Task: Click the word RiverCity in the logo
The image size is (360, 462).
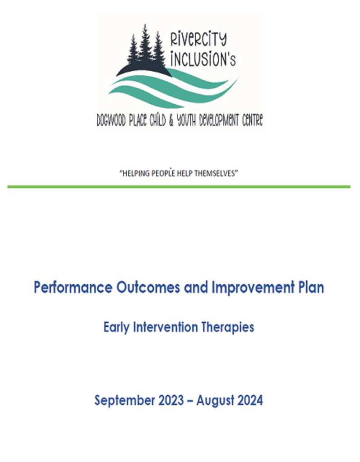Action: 198,40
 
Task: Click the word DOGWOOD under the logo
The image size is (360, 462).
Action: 111,120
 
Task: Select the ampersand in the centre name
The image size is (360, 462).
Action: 171,121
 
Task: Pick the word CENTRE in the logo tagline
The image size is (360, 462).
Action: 252,120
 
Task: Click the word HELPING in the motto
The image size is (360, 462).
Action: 136,173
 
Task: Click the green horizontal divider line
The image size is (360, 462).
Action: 179,186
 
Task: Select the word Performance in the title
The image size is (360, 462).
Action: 73,287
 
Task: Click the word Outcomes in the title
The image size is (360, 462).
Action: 148,287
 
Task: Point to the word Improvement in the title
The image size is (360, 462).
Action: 253,287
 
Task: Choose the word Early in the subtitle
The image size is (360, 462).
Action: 116,328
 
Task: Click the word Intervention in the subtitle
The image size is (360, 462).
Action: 166,327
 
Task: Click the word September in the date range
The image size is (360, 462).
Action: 125,401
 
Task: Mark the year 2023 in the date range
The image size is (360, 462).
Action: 171,400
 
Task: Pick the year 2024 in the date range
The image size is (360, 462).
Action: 250,400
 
